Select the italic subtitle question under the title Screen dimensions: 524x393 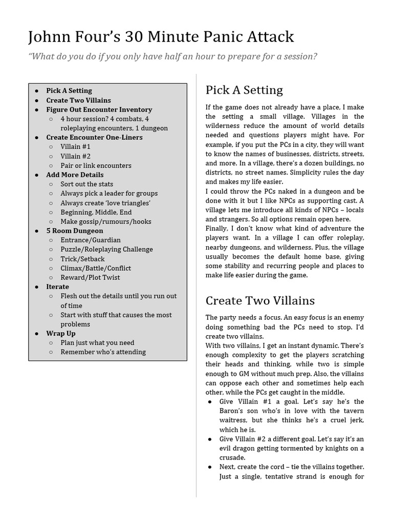(x=172, y=56)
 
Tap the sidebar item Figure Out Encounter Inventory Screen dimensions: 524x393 (x=99, y=110)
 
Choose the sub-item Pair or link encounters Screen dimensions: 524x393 (x=96, y=165)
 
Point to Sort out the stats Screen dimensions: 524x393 (x=86, y=184)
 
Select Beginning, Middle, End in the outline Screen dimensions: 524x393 (x=96, y=212)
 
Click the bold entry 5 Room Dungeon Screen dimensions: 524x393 (x=74, y=231)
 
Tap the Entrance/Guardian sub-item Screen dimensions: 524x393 (x=91, y=240)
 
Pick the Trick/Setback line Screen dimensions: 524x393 (x=82, y=259)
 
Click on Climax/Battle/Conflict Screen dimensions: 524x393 (x=96, y=268)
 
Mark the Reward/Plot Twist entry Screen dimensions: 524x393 (x=90, y=277)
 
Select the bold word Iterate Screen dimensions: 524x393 (x=57, y=287)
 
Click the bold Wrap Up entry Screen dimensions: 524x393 (x=60, y=333)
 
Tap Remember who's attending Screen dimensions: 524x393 (x=103, y=352)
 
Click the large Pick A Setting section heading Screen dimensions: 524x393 (x=244, y=91)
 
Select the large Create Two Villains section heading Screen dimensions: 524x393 (x=260, y=300)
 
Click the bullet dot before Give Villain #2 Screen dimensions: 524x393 (x=210, y=439)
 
